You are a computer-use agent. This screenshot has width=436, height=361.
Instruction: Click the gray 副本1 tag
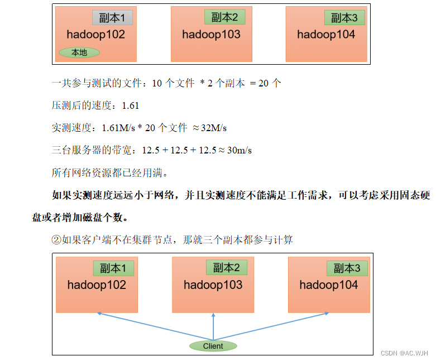coord(112,18)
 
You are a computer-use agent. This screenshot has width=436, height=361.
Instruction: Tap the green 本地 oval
coord(79,53)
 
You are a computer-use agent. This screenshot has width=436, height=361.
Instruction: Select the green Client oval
coord(213,346)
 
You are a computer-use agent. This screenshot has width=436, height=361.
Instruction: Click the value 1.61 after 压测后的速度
coord(130,106)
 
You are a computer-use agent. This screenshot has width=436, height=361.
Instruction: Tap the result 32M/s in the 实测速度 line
coord(213,128)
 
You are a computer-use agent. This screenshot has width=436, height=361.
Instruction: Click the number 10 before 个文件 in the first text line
coord(157,84)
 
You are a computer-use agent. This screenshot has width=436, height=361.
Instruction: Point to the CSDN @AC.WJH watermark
coord(404,353)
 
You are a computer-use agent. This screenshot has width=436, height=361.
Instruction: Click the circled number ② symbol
coord(56,240)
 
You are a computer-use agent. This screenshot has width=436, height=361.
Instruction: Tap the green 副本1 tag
coord(113,268)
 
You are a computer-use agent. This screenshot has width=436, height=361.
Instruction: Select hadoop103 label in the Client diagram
coord(213,285)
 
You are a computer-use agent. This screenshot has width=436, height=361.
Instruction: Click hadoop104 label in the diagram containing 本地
coord(326,35)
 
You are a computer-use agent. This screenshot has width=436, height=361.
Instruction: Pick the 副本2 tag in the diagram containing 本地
coord(224,17)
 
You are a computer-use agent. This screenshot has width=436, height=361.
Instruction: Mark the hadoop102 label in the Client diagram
coord(97,285)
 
